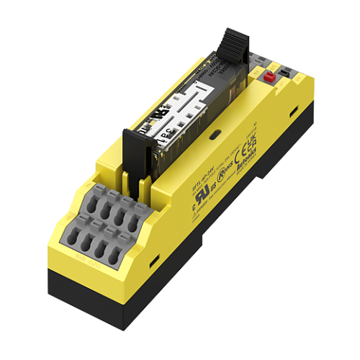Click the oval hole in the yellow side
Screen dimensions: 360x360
215,134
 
